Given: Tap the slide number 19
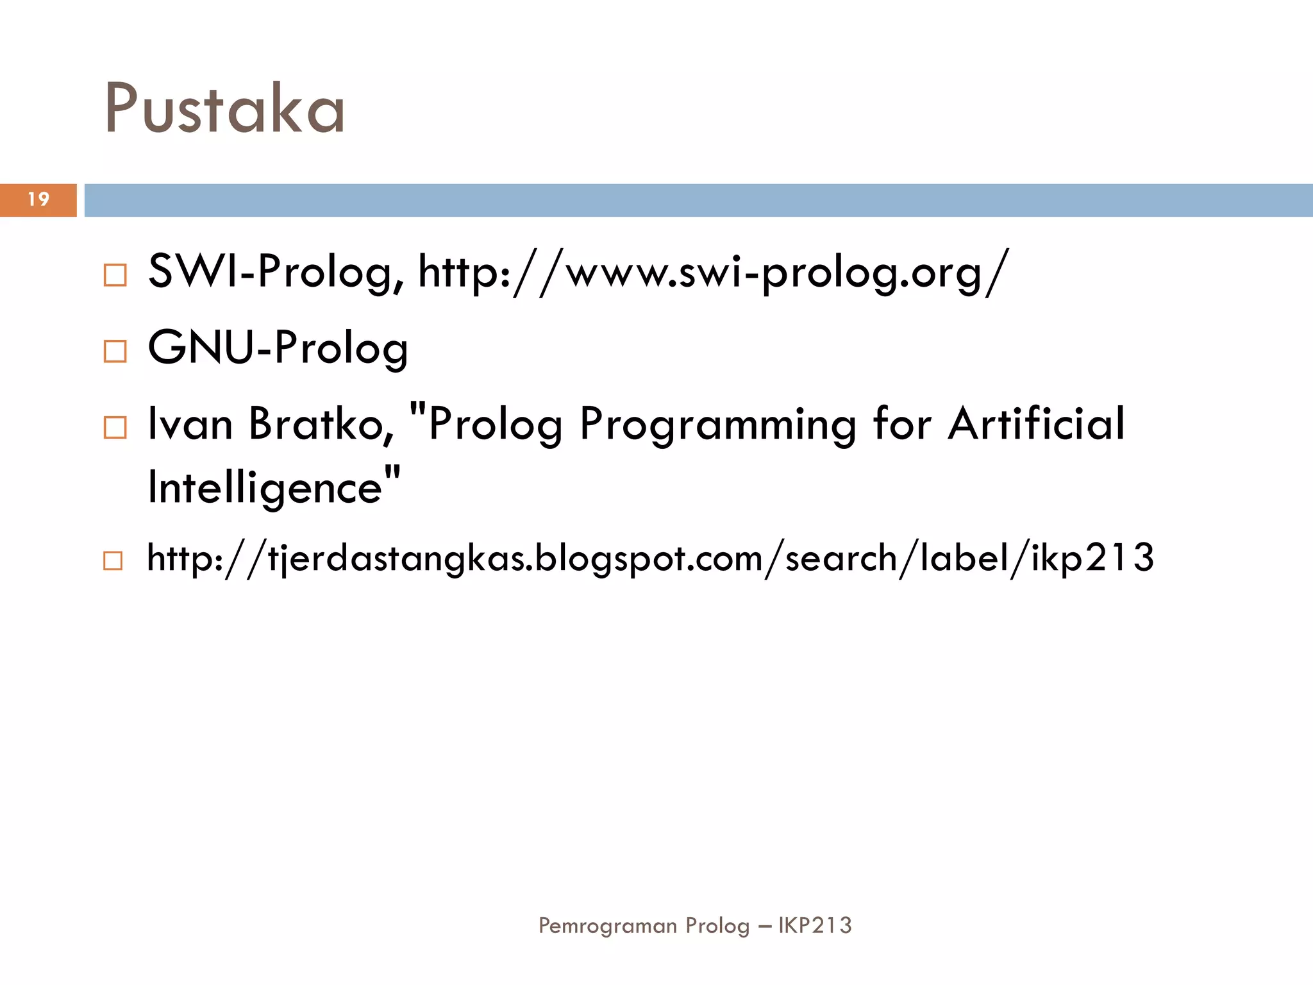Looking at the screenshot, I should click(38, 199).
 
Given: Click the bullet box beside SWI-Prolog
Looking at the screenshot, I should click(115, 275).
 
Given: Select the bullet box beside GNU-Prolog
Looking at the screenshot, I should click(115, 351).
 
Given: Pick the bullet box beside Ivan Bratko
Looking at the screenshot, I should click(115, 427).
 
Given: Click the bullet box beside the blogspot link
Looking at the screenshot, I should click(113, 560).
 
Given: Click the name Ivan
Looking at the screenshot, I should click(190, 424).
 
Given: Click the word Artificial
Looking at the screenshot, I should click(1036, 424).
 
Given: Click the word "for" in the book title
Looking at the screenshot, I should click(902, 424).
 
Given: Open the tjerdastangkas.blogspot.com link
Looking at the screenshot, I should click(650, 558).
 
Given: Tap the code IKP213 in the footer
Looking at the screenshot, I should click(815, 925).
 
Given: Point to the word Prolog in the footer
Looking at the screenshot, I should click(717, 926).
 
